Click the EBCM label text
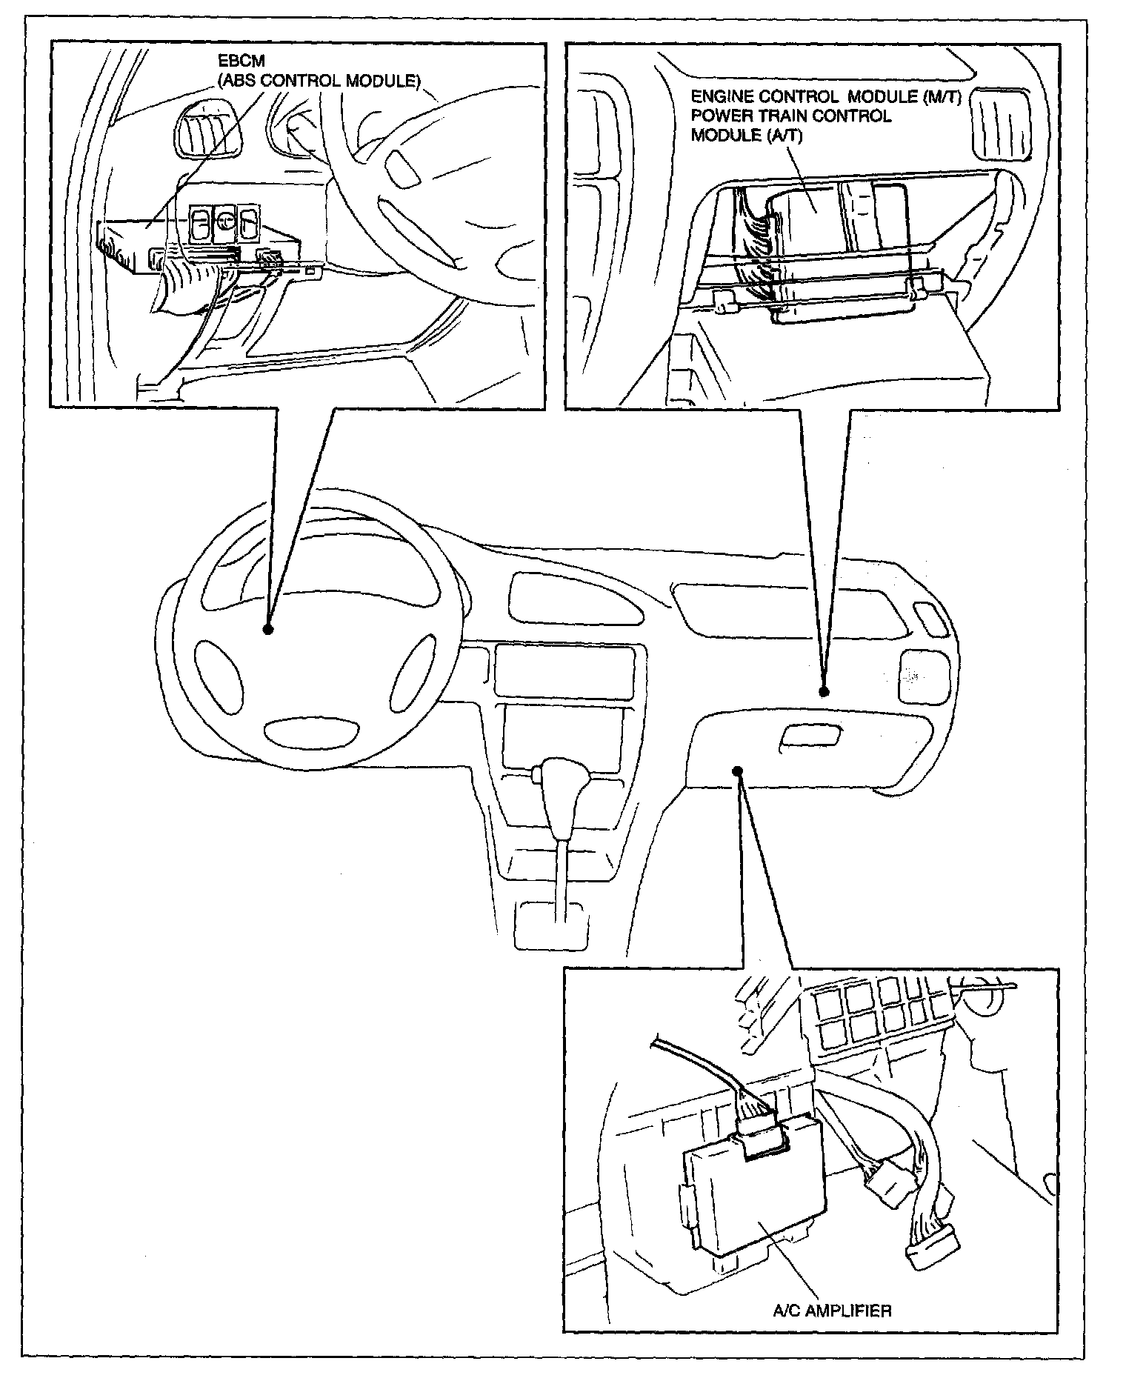(241, 62)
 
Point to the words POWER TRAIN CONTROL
(790, 116)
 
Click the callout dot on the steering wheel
(267, 629)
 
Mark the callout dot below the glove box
(736, 770)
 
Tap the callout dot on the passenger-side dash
(824, 691)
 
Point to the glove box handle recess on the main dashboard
(810, 735)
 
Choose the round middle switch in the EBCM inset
(224, 222)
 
